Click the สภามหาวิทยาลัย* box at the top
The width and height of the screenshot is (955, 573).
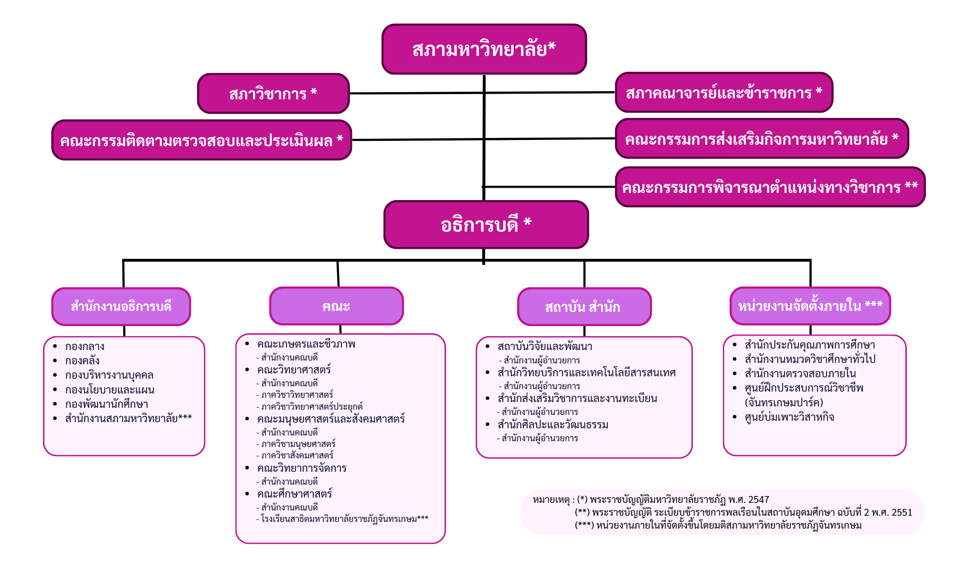tap(484, 49)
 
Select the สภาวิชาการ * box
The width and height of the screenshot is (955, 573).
tap(274, 94)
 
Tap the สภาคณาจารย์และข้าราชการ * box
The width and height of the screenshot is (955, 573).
tap(724, 93)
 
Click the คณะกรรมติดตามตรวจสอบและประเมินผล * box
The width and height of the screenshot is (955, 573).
tap(202, 140)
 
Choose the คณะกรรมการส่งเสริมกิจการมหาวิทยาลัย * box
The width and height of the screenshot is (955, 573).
tap(762, 138)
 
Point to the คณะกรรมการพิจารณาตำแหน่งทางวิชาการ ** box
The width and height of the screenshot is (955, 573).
tap(770, 187)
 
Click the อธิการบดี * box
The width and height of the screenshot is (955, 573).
tap(486, 224)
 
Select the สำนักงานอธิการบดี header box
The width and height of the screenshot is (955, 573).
tap(121, 307)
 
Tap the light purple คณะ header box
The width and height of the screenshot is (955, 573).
tap(337, 306)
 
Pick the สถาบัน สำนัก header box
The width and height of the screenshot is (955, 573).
tap(584, 307)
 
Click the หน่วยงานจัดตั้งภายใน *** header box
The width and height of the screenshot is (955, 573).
tap(810, 306)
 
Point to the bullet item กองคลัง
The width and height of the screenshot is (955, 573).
tap(82, 361)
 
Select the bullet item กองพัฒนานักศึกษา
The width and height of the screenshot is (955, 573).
tap(106, 404)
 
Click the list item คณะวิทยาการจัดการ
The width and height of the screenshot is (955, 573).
tap(302, 468)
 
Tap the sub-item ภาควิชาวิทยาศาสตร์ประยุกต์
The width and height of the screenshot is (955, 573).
tap(312, 407)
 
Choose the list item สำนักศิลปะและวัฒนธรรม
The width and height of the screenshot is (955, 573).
tap(553, 424)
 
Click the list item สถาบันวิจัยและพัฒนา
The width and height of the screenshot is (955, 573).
tap(545, 347)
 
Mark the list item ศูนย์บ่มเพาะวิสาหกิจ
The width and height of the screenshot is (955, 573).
tap(789, 417)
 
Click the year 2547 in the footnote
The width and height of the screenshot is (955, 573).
tap(759, 500)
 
